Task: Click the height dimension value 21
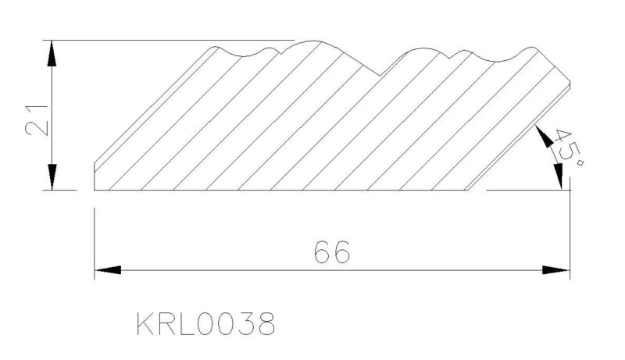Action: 36,121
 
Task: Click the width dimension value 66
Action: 332,252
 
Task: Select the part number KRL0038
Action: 205,323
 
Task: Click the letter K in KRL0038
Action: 145,323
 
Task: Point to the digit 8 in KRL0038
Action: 266,323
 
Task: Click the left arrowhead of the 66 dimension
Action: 108,270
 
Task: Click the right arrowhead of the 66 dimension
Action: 556,270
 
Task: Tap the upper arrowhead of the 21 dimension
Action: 52,53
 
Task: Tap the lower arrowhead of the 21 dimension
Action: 52,176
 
